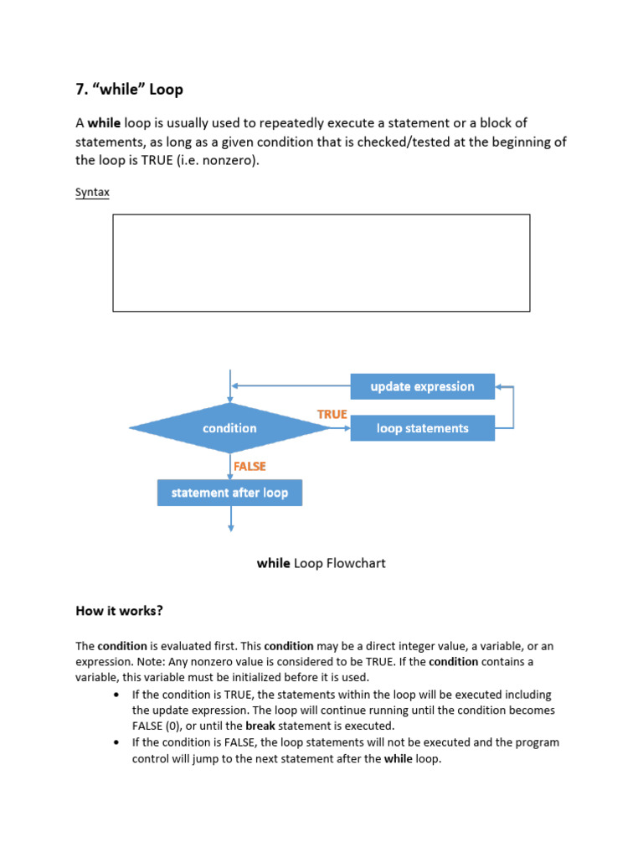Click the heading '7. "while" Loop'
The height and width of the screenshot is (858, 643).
(129, 89)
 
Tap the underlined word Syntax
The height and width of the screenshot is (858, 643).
(92, 192)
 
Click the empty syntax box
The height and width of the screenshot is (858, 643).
(321, 262)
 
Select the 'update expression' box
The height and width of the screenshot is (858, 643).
(422, 386)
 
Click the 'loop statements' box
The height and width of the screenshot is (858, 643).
(422, 428)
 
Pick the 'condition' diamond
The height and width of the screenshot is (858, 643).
(229, 428)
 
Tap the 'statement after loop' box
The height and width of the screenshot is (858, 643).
(229, 493)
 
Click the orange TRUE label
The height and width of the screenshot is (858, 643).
(332, 414)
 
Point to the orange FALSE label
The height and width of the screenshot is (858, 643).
(249, 466)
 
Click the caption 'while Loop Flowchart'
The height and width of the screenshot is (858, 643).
(321, 563)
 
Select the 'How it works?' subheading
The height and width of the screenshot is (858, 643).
(119, 611)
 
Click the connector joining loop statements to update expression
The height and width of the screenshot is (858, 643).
(512, 407)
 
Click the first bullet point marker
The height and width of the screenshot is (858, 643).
(115, 695)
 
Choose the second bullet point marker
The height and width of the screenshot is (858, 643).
(115, 742)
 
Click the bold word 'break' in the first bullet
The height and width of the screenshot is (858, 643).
(260, 726)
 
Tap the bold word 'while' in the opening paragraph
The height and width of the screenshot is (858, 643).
(105, 122)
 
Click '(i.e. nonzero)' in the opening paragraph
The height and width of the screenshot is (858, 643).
(220, 160)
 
